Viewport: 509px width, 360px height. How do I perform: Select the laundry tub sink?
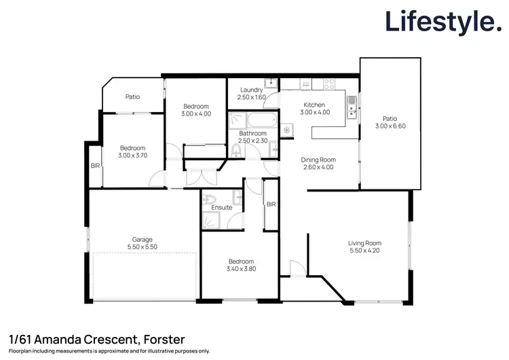[270, 84]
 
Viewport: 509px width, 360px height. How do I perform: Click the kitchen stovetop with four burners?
[328, 84]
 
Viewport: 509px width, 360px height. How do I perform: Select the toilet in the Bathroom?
[235, 151]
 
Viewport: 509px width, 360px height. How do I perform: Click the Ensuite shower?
[210, 221]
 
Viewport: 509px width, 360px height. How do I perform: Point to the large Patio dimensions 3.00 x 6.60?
[390, 126]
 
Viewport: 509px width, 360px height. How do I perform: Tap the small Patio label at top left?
[132, 96]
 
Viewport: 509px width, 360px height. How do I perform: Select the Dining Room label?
[318, 160]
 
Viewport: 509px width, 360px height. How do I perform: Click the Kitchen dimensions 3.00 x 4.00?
[316, 112]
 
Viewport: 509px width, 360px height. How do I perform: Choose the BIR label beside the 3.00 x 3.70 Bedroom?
[95, 165]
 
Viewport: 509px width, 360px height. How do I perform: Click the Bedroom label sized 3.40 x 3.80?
[241, 262]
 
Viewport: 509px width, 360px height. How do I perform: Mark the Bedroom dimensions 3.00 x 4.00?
[196, 113]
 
